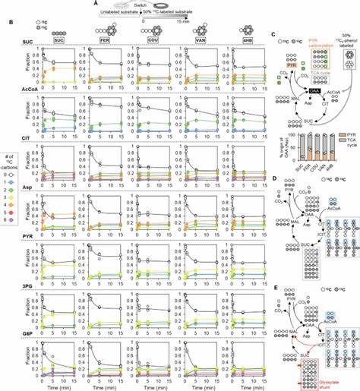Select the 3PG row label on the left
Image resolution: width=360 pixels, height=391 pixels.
pos(17,286)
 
